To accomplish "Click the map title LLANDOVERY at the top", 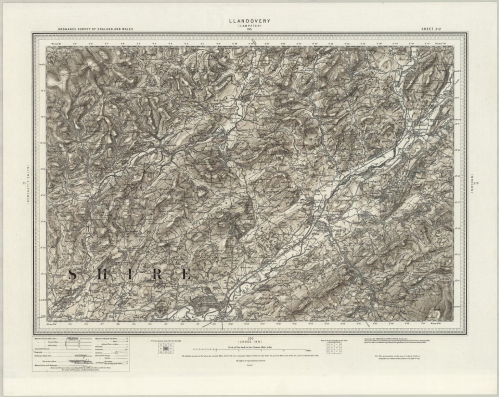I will [249, 21].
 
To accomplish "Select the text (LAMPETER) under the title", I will [249, 26].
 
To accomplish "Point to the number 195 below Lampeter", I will [249, 29].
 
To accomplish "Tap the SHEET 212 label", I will [431, 29].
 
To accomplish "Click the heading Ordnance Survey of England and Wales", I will [96, 29].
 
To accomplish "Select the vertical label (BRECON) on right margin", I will [471, 184].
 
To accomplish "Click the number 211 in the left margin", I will [24, 184].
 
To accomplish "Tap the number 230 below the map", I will [249, 338].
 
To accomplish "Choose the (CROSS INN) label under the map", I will [249, 342].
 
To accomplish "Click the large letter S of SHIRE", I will [73, 275].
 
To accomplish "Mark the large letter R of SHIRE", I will [158, 275].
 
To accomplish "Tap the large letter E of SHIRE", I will [186, 275].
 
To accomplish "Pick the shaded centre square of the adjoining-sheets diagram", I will [166, 348].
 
